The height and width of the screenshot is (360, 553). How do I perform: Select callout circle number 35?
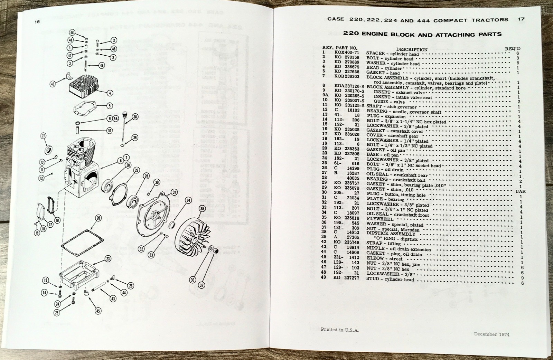coord(202,208)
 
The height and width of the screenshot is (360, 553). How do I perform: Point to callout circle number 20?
coord(99,218)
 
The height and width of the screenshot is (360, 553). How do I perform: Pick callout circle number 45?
coord(98,311)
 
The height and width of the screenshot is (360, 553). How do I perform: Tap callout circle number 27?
coord(44,136)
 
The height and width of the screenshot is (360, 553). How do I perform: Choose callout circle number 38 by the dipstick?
coord(135,117)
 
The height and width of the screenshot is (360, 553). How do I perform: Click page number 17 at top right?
coord(521,19)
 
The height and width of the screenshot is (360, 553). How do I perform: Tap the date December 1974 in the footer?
coord(491,334)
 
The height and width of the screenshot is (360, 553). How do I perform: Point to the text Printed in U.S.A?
coord(339,330)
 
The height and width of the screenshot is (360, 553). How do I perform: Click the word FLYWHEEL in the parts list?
coord(380,219)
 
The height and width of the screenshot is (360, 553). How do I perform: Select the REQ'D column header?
coord(513,49)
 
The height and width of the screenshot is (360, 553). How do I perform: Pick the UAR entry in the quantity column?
coord(520,191)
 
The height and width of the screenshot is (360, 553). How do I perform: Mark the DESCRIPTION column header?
coord(412,49)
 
